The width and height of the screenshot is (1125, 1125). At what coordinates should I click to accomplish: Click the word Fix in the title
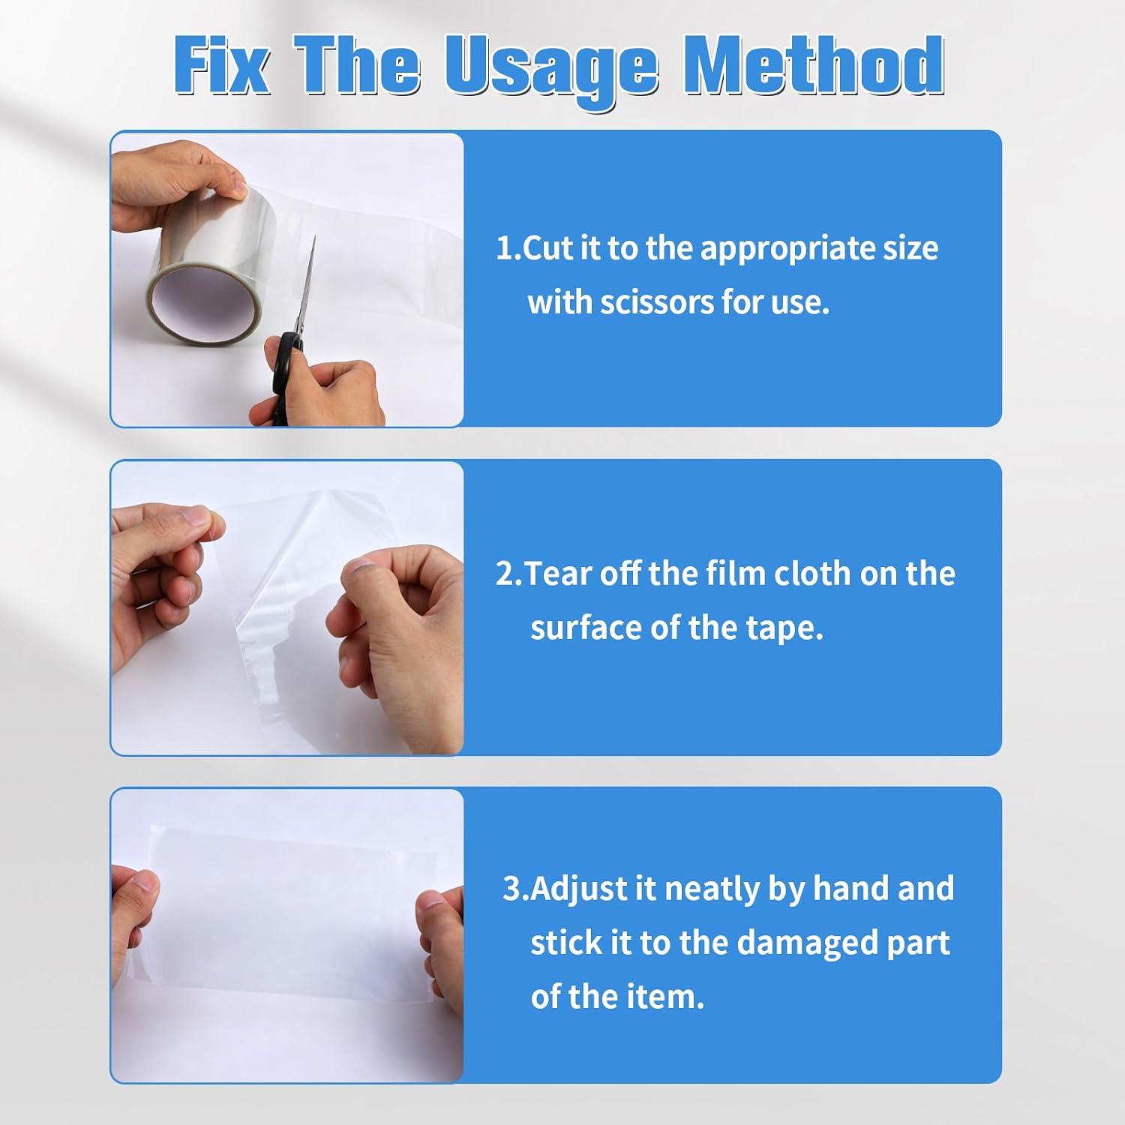click(x=221, y=66)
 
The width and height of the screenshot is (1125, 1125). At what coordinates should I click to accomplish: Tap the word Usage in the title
click(x=551, y=70)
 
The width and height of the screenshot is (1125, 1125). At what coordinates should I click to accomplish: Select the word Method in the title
click(x=814, y=66)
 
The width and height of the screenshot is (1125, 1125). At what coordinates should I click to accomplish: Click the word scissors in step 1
click(x=655, y=302)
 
